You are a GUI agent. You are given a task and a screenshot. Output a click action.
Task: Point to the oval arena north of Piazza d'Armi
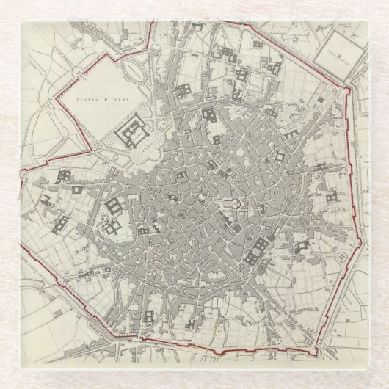coord(134,70)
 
